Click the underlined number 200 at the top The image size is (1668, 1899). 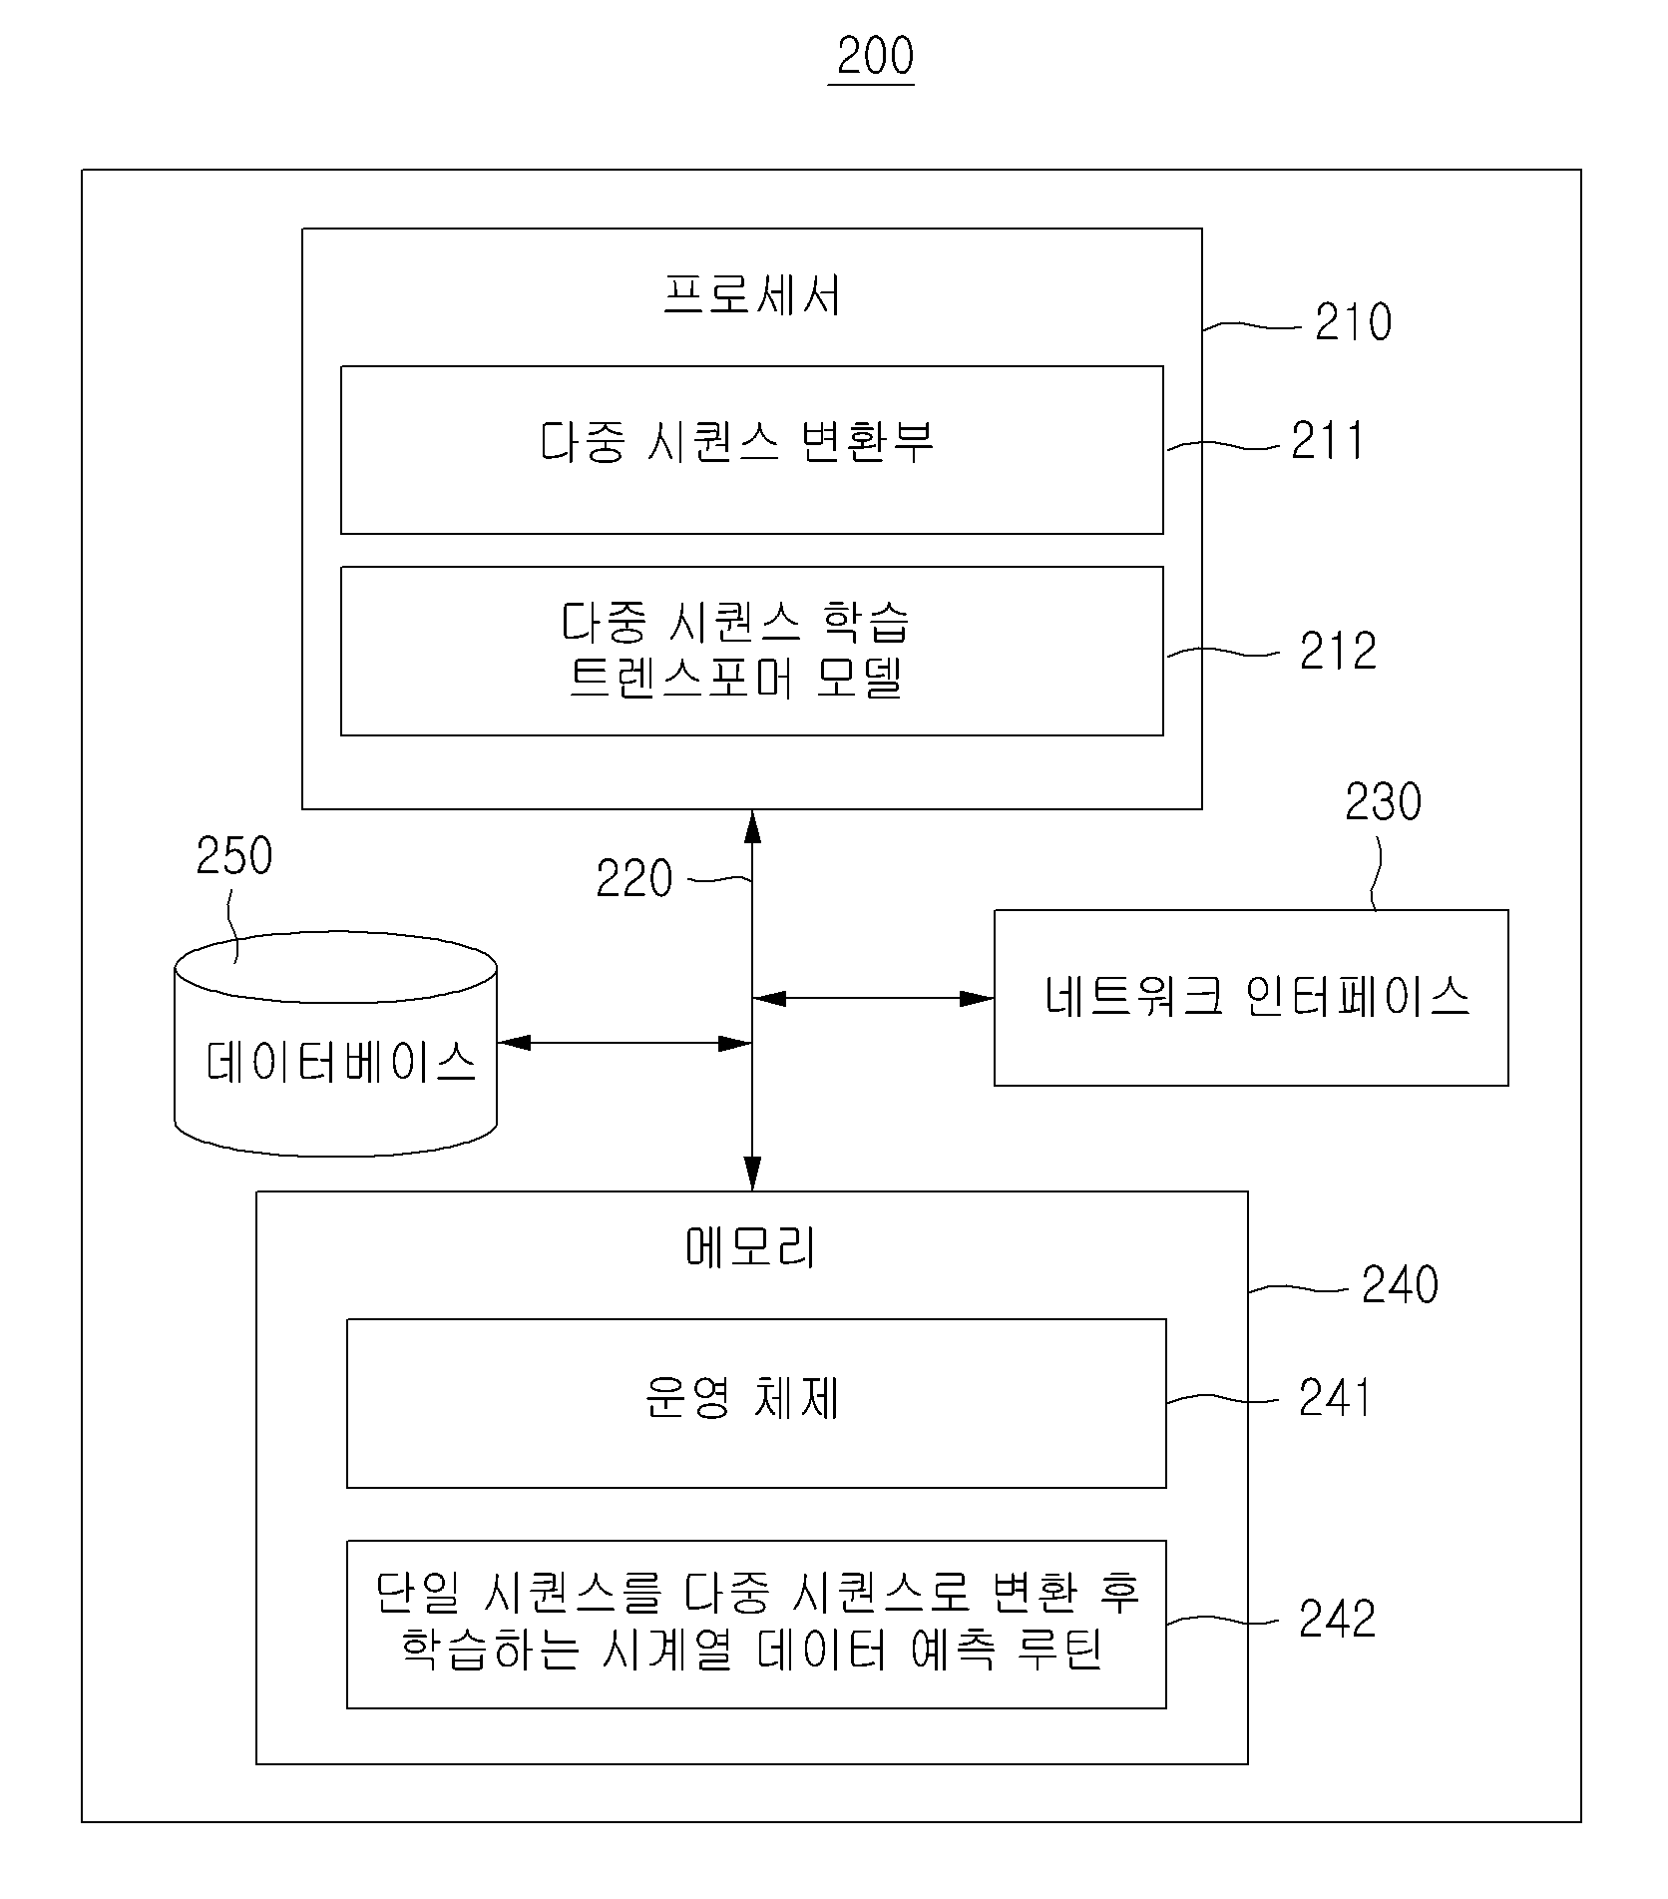click(875, 57)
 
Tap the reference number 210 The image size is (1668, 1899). click(1353, 322)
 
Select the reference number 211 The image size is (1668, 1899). click(1328, 440)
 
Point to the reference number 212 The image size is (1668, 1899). click(1338, 651)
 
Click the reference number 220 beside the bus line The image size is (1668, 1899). click(634, 879)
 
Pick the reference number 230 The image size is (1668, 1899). click(1383, 802)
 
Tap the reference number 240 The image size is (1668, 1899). click(1400, 1284)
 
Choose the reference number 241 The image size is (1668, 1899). click(1335, 1398)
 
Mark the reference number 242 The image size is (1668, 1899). click(1337, 1620)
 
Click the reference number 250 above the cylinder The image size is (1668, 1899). click(234, 856)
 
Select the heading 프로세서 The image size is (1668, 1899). click(752, 294)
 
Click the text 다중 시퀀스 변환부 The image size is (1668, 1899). click(737, 441)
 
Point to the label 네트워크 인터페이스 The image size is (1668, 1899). click(1257, 995)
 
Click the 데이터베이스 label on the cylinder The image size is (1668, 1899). click(341, 1062)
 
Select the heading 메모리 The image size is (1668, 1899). click(751, 1247)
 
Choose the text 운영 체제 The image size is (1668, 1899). click(742, 1398)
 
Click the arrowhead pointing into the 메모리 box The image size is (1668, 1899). click(752, 1175)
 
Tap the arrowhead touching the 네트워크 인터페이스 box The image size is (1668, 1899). click(977, 998)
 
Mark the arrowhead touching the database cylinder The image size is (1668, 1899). click(515, 1044)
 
